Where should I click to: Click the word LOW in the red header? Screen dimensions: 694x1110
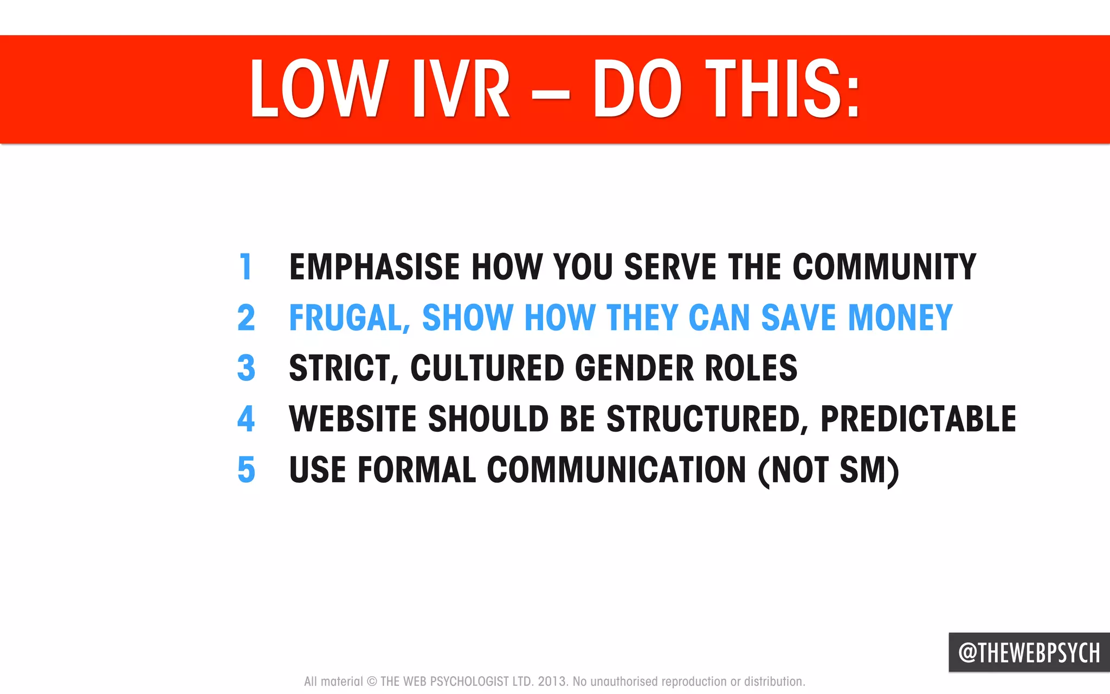coord(319,89)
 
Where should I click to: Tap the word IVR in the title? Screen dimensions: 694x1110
coord(461,89)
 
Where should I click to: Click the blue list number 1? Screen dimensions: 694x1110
coord(246,267)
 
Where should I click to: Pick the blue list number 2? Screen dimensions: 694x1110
coord(246,317)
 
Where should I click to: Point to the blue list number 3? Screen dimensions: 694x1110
coord(246,368)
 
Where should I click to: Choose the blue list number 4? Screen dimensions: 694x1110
coord(246,419)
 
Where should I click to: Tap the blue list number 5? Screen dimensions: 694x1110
coord(246,469)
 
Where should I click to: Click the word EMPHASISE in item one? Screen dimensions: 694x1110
coord(375,267)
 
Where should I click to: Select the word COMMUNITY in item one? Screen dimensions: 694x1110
coord(884,267)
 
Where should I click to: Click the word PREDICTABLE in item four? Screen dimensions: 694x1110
coord(918,419)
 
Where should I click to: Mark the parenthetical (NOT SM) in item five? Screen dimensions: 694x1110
coord(828,469)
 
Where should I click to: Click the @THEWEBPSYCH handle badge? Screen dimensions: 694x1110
coord(1029,652)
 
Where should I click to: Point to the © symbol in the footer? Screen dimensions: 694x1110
coord(372,682)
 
